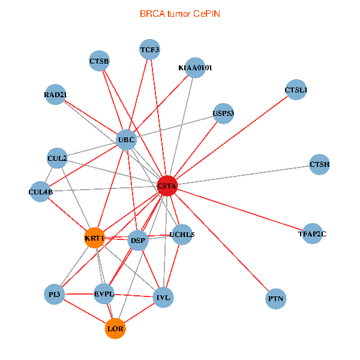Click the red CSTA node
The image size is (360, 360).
click(167, 187)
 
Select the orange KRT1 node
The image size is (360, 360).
click(95, 238)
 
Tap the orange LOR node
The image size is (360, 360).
click(115, 328)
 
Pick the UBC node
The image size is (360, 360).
click(127, 140)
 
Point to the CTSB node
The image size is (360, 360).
click(99, 61)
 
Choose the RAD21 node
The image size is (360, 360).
click(55, 94)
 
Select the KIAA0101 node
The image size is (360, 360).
click(195, 68)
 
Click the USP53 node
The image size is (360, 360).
click(223, 113)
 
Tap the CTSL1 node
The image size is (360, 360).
click(296, 90)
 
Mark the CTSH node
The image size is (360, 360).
click(320, 164)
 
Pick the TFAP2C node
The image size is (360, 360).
click(312, 234)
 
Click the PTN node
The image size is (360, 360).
click(276, 298)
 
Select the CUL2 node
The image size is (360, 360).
click(57, 158)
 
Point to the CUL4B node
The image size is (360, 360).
click(41, 192)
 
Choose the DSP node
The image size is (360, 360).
click(138, 241)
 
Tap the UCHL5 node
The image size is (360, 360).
click(182, 235)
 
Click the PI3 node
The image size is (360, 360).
click(55, 294)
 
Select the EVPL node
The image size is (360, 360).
click(104, 294)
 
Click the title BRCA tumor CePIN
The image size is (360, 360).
click(180, 13)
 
